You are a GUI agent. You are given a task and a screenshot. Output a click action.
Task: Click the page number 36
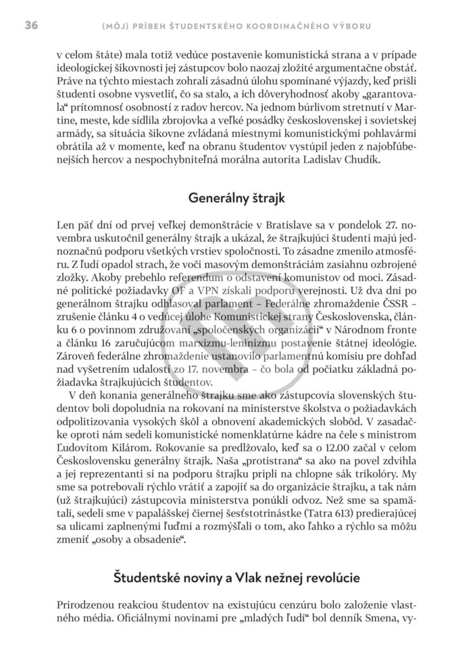(31, 26)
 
